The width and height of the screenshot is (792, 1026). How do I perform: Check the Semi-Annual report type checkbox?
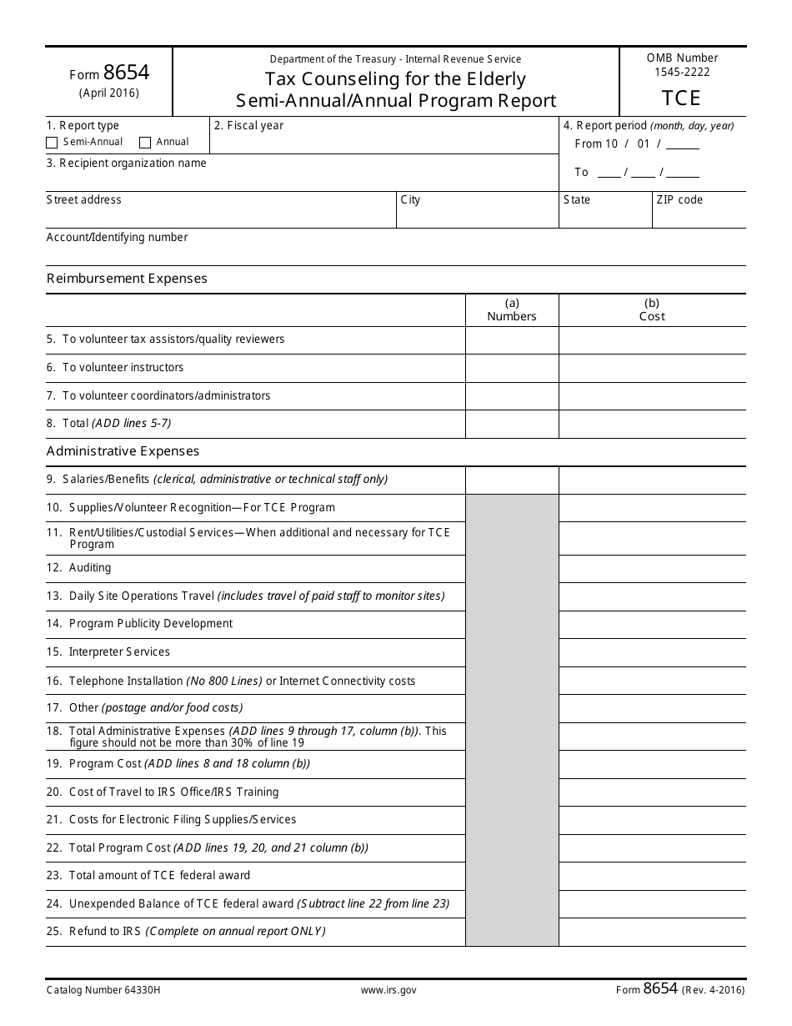pos(52,143)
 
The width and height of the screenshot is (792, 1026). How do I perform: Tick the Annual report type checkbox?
pos(145,143)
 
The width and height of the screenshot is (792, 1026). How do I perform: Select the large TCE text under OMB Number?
pos(682,98)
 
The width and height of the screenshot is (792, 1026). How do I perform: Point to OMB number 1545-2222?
pos(682,72)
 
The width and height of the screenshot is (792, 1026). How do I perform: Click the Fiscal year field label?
pos(248,126)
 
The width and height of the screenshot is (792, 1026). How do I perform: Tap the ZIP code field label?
pos(679,200)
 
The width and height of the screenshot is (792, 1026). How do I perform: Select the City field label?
pos(410,200)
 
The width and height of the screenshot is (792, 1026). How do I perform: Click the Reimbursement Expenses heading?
pos(127,279)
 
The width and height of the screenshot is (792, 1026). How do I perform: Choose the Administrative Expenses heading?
pos(123,451)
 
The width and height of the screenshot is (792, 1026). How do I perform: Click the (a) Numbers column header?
pos(512,310)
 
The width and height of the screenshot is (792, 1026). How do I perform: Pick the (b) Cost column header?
pos(652,310)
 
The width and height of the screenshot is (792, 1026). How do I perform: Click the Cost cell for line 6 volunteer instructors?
pos(652,368)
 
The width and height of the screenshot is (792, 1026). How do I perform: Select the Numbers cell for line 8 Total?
pos(512,424)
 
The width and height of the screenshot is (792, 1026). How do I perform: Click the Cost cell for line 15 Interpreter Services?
pos(652,652)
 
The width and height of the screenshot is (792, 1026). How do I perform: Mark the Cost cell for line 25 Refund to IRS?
pos(652,932)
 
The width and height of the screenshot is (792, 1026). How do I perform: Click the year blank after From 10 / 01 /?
pos(683,145)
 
